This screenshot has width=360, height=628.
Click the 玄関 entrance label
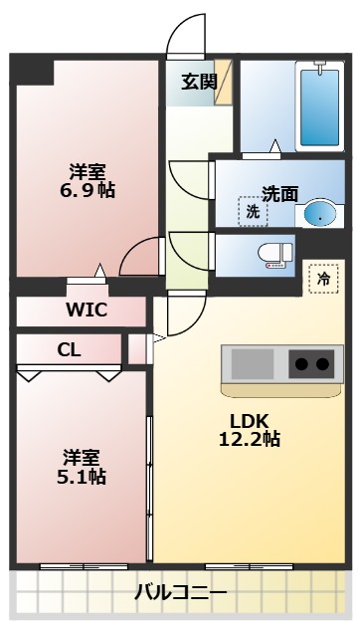coord(199,82)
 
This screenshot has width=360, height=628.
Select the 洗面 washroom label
coord(279,194)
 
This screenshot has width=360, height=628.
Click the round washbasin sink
coord(317,213)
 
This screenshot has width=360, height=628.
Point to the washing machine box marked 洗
coord(253,211)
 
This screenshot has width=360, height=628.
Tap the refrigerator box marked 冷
coord(322,280)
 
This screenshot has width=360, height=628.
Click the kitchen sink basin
coord(253,363)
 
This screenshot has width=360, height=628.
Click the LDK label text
coord(250,419)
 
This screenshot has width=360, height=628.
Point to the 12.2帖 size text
coord(250,439)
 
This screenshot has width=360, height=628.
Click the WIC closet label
coord(87,309)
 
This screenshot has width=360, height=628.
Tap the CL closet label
coord(69,348)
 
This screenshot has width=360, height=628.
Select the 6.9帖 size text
coord(87,189)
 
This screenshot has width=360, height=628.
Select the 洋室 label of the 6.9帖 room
coord(88,169)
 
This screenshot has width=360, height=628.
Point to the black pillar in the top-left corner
coord(31,71)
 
